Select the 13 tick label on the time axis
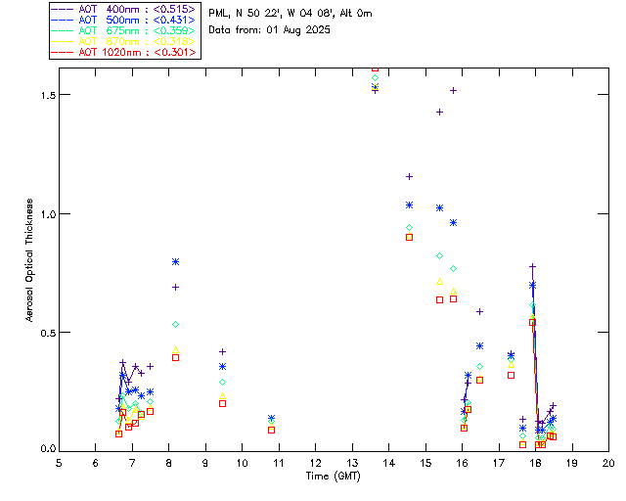tap(352, 462)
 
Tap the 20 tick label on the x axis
tap(608, 462)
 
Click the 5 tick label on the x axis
tap(59, 462)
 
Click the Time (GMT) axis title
tap(334, 476)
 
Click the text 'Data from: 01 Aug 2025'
tap(270, 29)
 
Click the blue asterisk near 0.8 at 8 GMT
tap(175, 261)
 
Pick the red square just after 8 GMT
tap(175, 357)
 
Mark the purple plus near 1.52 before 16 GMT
tap(453, 90)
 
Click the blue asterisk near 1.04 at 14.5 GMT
tap(409, 205)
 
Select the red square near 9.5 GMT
tap(222, 403)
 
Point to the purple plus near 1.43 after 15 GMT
tap(439, 112)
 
